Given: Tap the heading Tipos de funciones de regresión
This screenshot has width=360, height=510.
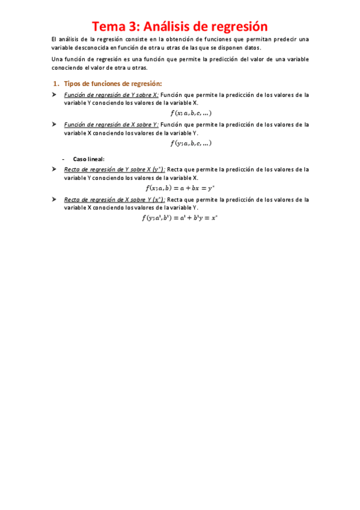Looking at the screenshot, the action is (113, 84).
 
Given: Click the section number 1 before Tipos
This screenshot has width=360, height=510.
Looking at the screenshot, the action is (56, 84).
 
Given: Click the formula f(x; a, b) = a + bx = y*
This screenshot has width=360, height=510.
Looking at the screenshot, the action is (180, 188).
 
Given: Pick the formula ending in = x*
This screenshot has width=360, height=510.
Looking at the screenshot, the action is (179, 218).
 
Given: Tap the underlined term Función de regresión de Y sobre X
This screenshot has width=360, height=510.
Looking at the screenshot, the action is (111, 95).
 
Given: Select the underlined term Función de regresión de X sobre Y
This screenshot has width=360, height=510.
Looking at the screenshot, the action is (111, 124).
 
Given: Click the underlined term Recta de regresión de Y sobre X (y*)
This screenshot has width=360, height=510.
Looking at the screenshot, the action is (114, 170).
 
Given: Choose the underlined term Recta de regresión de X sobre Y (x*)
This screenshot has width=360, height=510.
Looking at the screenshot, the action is (114, 199).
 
